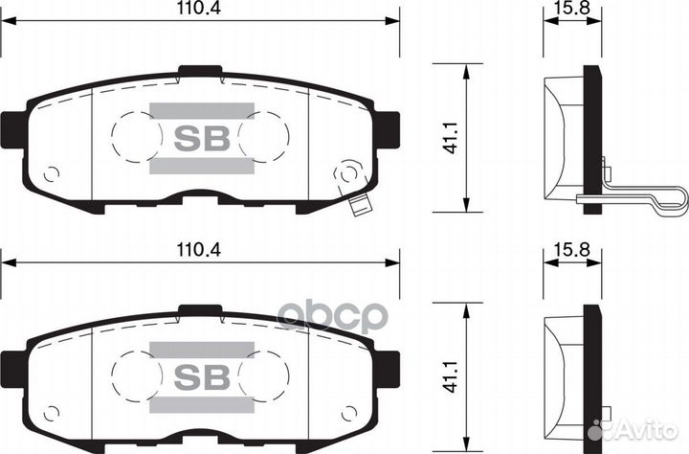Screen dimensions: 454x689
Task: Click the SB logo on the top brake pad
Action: [202, 139]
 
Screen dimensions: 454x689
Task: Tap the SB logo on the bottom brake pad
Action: [202, 375]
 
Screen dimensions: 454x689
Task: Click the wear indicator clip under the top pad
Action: [361, 205]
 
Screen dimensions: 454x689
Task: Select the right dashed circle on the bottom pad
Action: [264, 375]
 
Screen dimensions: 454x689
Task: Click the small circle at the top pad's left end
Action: [52, 174]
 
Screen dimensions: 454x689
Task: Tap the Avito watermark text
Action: [644, 433]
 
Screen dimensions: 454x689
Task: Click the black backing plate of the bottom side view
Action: [593, 374]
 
